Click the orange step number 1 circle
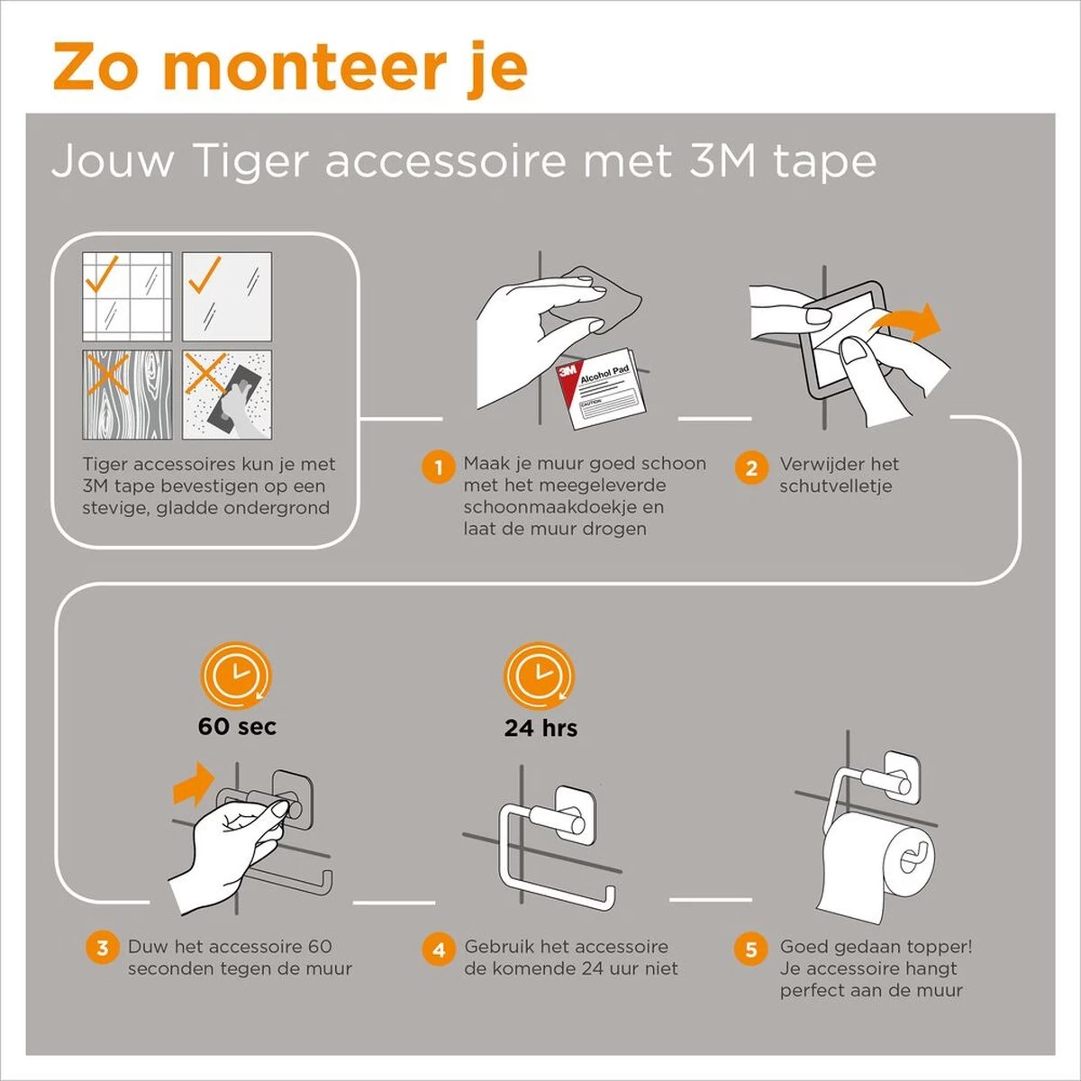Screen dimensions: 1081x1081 [x=438, y=468]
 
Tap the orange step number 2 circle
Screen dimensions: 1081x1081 [x=750, y=468]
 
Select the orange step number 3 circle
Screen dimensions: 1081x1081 [x=102, y=948]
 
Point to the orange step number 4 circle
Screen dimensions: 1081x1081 [x=438, y=949]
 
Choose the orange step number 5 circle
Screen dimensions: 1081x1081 [x=750, y=949]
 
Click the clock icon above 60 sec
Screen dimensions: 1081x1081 [x=236, y=676]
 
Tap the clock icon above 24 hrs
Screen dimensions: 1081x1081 [x=538, y=676]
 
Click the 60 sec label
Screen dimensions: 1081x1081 [x=237, y=727]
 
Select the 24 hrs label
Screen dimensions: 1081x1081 [x=540, y=728]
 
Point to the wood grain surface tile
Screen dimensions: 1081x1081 [x=127, y=395]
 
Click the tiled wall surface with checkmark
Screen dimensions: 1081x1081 [x=127, y=296]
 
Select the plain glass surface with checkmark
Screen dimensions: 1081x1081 [x=227, y=296]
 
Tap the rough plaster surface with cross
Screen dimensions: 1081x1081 [x=227, y=395]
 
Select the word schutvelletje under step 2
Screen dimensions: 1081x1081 [x=835, y=486]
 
